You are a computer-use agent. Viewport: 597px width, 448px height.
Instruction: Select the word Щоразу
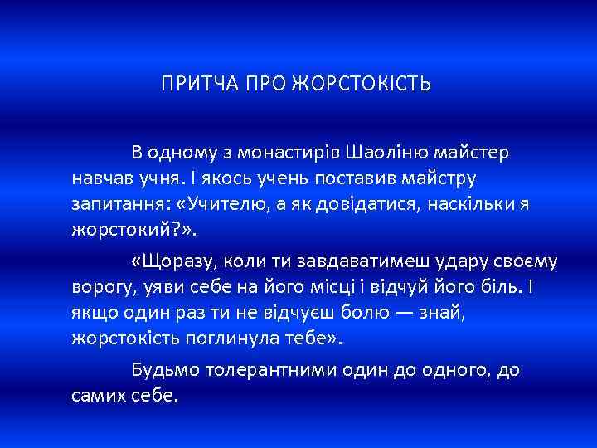[172, 261]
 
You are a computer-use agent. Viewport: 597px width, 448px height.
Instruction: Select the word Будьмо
[161, 370]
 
